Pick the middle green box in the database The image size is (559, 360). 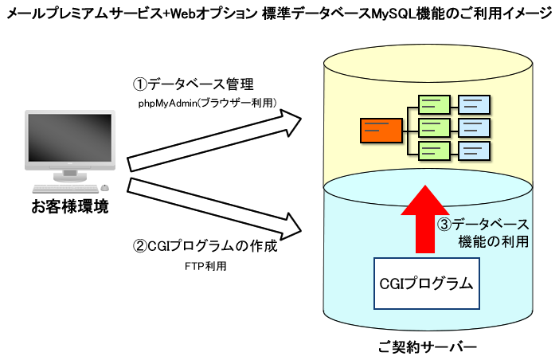click(434, 127)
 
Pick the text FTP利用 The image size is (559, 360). click(204, 267)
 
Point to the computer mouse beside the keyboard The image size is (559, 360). click(104, 187)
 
